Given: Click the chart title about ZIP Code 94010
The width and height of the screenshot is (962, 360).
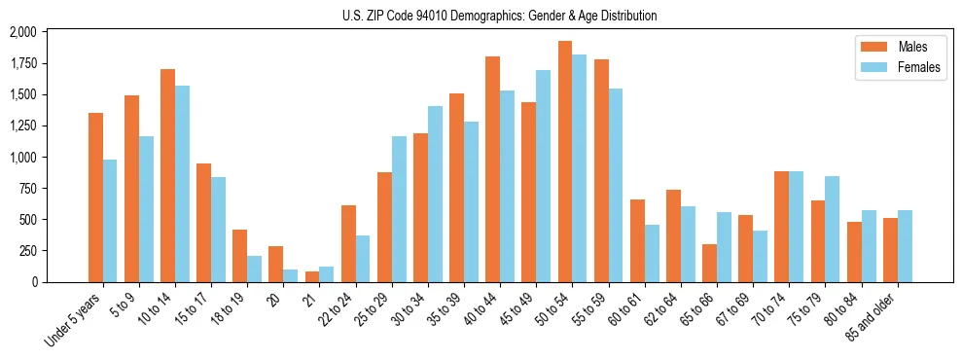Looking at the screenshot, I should tap(500, 16).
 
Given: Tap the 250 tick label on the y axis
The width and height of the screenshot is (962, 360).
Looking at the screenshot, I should tap(27, 250).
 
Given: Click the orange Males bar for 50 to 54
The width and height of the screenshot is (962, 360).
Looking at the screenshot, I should tap(565, 162).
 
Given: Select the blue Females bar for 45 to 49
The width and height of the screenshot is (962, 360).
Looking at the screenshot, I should tap(543, 176).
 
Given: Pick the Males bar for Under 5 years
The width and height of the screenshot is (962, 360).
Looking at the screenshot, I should tap(95, 198).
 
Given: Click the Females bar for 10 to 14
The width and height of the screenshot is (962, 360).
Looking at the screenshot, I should tap(182, 184).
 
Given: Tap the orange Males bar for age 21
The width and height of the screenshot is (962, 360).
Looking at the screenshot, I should tap(312, 276).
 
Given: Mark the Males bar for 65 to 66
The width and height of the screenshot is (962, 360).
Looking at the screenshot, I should tap(709, 263).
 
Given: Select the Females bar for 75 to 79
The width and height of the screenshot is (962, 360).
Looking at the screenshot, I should tap(832, 229).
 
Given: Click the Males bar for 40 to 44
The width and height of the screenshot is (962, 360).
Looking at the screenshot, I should tap(492, 169).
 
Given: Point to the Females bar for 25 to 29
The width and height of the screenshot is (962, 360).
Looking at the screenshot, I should tap(399, 209).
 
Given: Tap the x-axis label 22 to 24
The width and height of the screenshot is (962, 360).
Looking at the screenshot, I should tap(337, 308).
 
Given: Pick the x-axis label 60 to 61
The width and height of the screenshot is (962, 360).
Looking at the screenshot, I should tap(625, 308).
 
